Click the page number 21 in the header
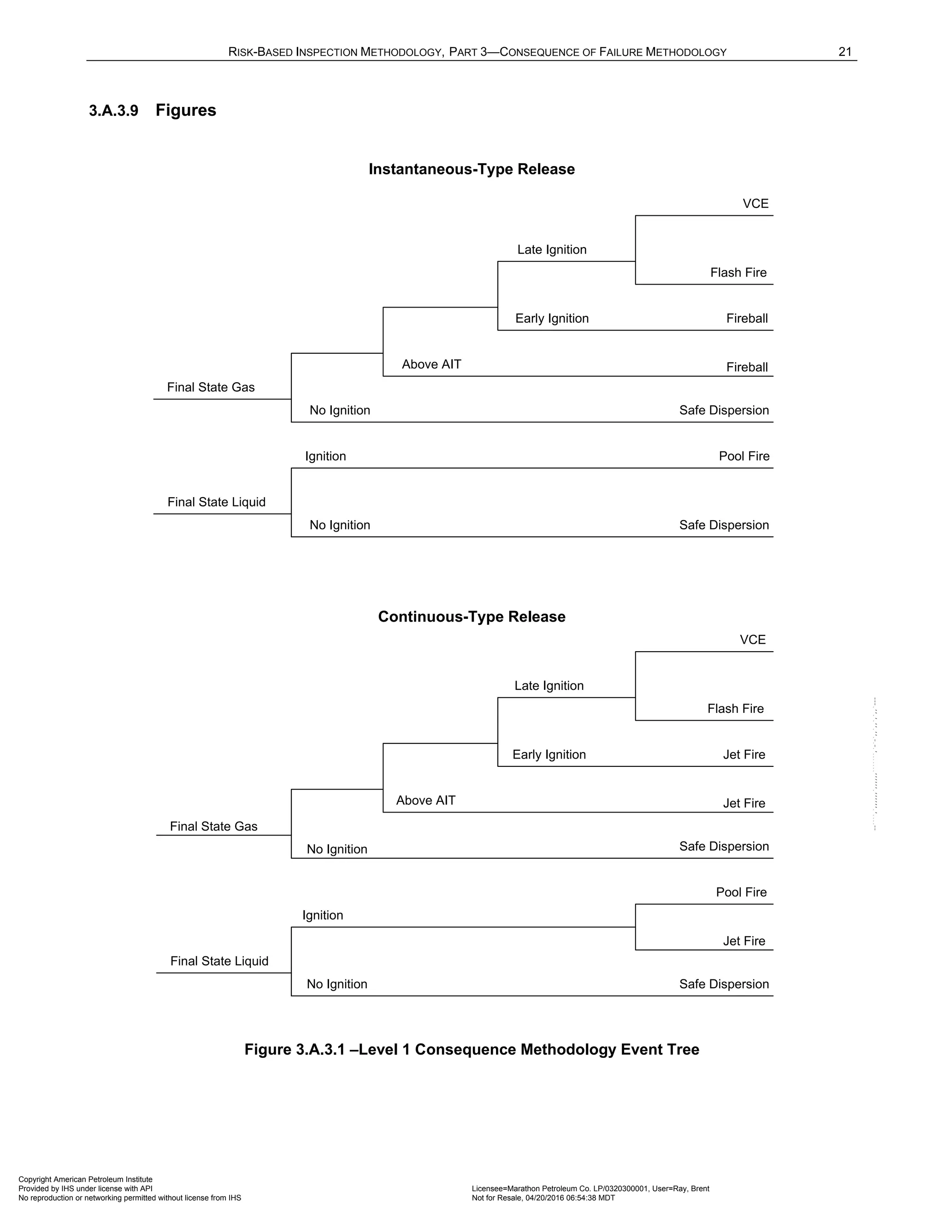tap(844, 52)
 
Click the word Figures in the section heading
tap(186, 110)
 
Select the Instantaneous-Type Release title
tap(472, 169)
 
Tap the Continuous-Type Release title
tap(472, 617)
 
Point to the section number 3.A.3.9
tap(113, 111)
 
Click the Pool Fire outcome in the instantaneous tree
tap(744, 456)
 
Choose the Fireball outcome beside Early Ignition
tap(747, 318)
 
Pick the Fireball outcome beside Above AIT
tap(747, 367)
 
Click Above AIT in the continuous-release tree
tap(425, 800)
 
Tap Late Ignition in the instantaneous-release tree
tap(551, 249)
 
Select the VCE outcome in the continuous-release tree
tap(752, 640)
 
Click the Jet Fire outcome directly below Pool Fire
tap(744, 941)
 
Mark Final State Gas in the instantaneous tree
tap(211, 387)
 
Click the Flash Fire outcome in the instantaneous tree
tap(738, 273)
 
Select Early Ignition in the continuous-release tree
tap(549, 754)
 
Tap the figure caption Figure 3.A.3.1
tap(472, 1049)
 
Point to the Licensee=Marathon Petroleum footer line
tap(590, 1188)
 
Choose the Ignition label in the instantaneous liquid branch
tap(325, 456)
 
